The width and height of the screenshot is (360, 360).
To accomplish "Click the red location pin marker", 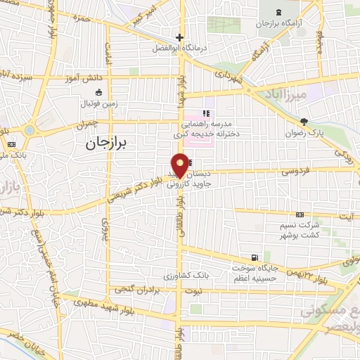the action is pyautogui.click(x=180, y=165).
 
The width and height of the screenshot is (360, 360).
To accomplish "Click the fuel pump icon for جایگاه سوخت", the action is pyautogui.click(x=254, y=257).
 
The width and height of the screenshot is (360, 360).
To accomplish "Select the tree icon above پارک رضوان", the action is pyautogui.click(x=304, y=122).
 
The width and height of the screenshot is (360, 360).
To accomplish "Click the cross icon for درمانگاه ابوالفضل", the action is pyautogui.click(x=180, y=37).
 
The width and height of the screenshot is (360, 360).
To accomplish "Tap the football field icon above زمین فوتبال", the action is pyautogui.click(x=106, y=93).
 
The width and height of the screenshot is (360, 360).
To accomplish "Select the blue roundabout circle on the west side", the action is pyautogui.click(x=29, y=129).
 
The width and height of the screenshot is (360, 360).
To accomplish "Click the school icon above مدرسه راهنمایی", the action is pyautogui.click(x=206, y=112).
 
